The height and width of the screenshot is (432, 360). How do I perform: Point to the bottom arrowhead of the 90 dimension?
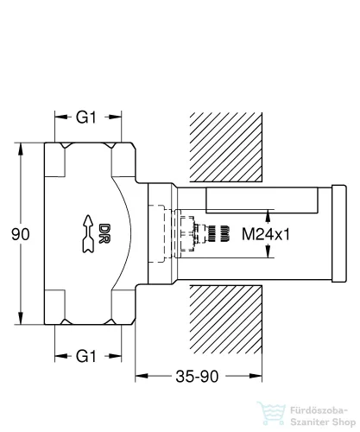tap(17, 321)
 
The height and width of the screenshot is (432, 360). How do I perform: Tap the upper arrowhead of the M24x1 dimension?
tap(269, 212)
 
